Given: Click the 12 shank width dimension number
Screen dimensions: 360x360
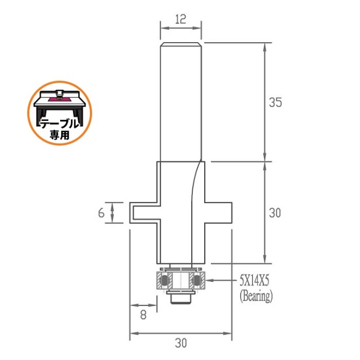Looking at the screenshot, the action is click(181, 19).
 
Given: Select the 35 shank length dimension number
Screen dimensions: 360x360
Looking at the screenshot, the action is click(275, 102).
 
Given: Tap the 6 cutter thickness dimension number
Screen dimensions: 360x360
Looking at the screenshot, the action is click(101, 213).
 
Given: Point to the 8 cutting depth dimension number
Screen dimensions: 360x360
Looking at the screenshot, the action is click(143, 315).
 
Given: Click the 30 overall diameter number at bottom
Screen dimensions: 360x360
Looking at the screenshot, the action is click(181, 343).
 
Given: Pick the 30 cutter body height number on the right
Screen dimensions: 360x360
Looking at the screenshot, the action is click(275, 213).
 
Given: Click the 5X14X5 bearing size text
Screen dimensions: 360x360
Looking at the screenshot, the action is click(254, 281).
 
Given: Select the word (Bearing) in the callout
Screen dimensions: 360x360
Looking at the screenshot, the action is click(256, 296).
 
